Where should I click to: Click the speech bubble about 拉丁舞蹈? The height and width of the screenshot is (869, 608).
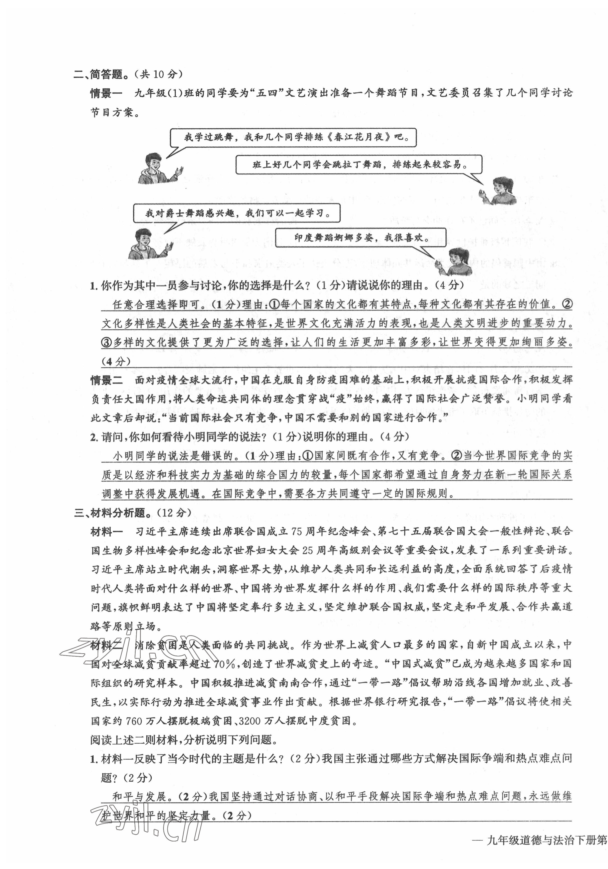359,165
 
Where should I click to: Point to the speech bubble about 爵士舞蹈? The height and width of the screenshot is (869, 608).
236,213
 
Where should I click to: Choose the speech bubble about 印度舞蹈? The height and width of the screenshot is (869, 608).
360,238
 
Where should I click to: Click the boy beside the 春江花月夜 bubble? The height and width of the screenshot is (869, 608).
156,169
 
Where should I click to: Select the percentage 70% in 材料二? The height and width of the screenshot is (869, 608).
226,664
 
